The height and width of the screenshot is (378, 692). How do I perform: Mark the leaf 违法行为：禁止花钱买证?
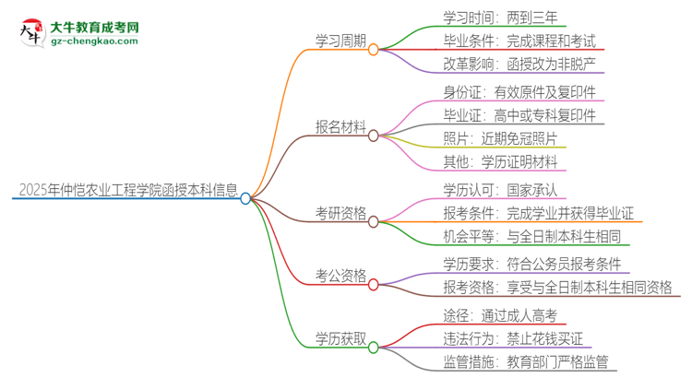click(x=514, y=337)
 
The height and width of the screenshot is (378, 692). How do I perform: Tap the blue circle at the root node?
click(x=245, y=198)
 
